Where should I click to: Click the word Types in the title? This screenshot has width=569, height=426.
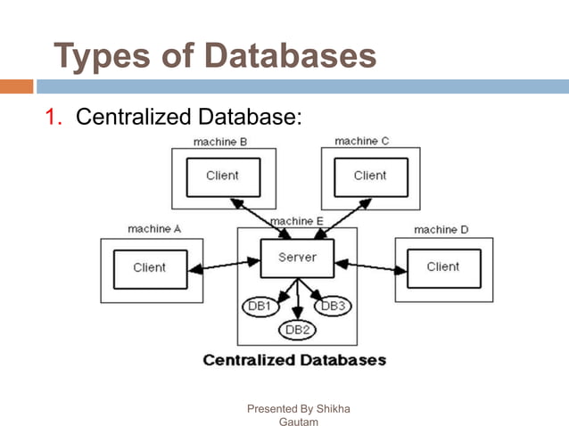pyautogui.click(x=97, y=56)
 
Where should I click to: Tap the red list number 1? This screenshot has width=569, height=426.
pyautogui.click(x=53, y=117)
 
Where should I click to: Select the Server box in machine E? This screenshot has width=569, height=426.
pyautogui.click(x=296, y=258)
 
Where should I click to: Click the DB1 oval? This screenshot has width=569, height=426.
pyautogui.click(x=260, y=306)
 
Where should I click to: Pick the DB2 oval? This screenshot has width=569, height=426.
pyautogui.click(x=296, y=330)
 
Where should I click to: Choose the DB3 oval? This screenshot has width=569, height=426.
pyautogui.click(x=333, y=306)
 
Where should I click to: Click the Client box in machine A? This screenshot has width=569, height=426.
pyautogui.click(x=150, y=268)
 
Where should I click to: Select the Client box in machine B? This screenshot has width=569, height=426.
pyautogui.click(x=223, y=176)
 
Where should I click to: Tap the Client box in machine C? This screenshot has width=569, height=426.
pyautogui.click(x=370, y=176)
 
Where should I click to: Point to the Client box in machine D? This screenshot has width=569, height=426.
pyautogui.click(x=443, y=266)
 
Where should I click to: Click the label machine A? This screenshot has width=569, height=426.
pyautogui.click(x=154, y=229)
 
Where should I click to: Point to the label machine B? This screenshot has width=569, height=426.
pyautogui.click(x=220, y=141)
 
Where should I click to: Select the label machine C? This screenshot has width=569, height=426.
pyautogui.click(x=362, y=141)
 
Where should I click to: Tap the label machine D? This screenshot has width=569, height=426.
pyautogui.click(x=441, y=229)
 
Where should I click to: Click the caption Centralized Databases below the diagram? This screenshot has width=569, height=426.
pyautogui.click(x=294, y=360)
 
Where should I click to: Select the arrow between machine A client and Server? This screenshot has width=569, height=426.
pyautogui.click(x=223, y=264)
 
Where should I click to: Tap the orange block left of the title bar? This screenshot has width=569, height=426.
pyautogui.click(x=16, y=86)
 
